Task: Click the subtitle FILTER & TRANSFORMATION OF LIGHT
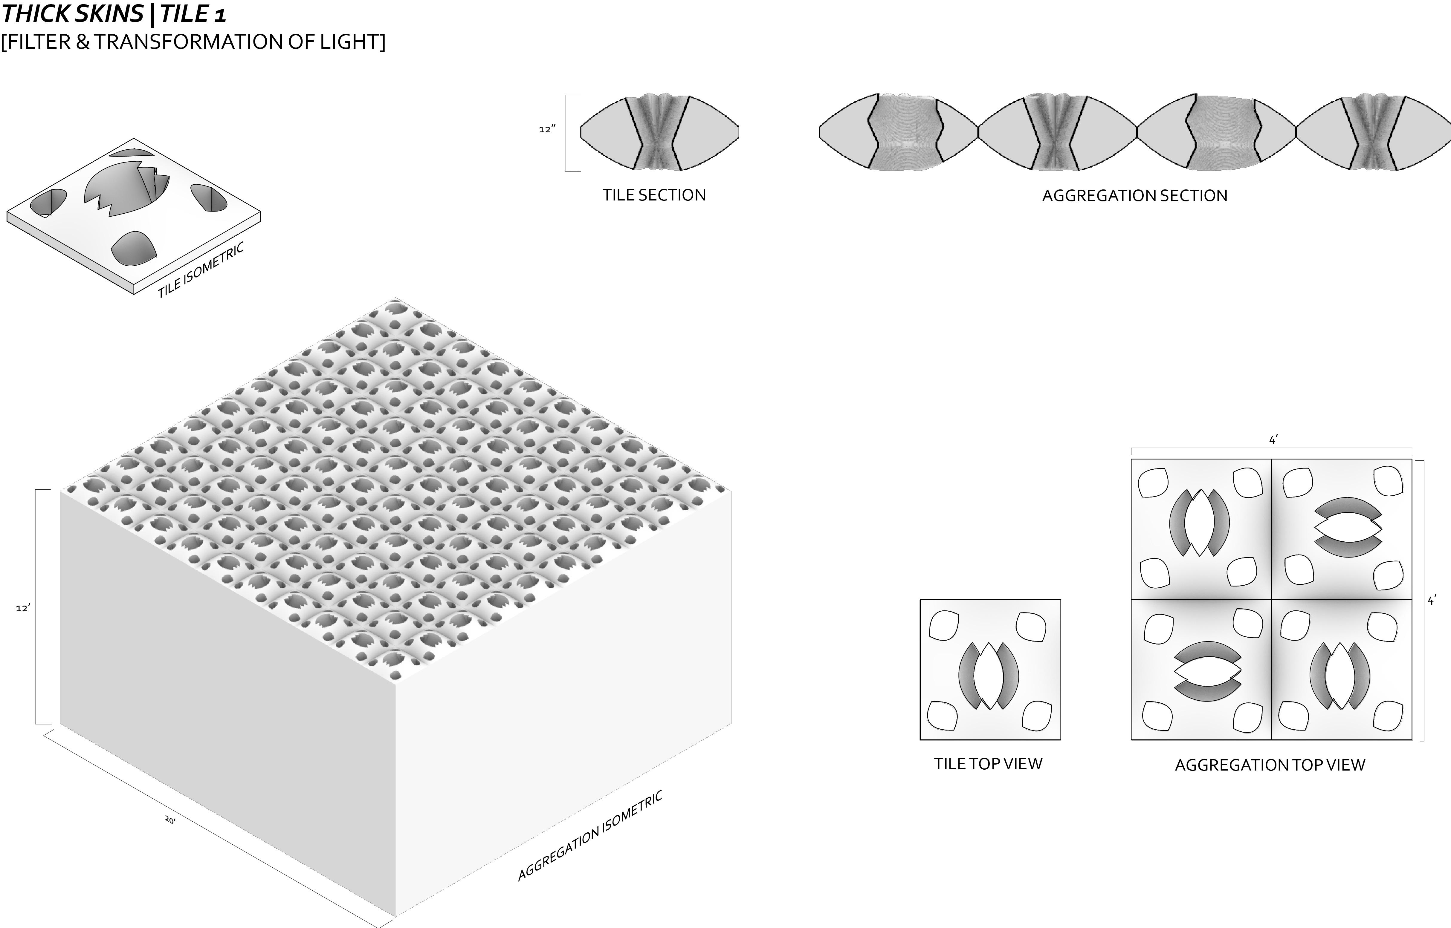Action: (193, 42)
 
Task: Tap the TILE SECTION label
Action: (654, 195)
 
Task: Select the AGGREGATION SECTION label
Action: (1134, 196)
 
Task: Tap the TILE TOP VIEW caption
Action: (988, 764)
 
